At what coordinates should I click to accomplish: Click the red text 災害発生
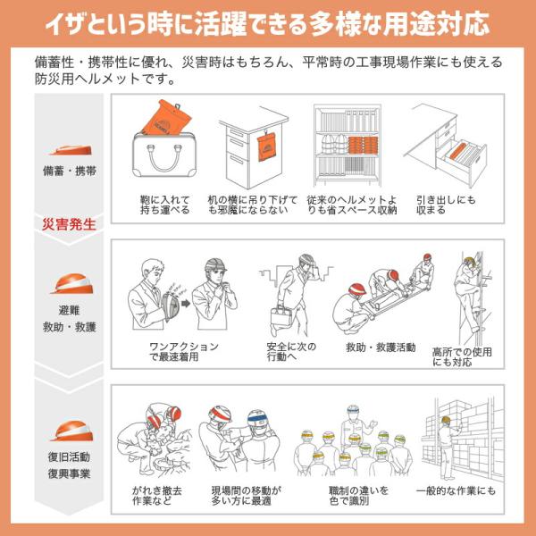[x=69, y=224]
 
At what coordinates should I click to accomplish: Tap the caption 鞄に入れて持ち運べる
[x=164, y=205]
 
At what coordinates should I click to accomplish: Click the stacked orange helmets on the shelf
[x=363, y=146]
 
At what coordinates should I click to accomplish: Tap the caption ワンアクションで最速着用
[x=184, y=351]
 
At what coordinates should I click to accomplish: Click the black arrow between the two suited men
[x=186, y=303]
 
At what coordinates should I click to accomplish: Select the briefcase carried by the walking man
[x=281, y=316]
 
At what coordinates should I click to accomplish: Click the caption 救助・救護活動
[x=381, y=348]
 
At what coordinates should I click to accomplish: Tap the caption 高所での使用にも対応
[x=462, y=356]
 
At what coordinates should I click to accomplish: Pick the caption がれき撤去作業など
[x=157, y=496]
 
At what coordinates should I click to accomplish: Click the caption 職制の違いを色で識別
[x=358, y=496]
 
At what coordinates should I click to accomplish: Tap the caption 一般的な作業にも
[x=456, y=491]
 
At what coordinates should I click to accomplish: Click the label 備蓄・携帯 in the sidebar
[x=69, y=171]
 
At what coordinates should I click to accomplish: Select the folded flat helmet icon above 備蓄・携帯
[x=71, y=150]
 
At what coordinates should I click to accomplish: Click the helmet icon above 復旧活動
[x=71, y=431]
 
